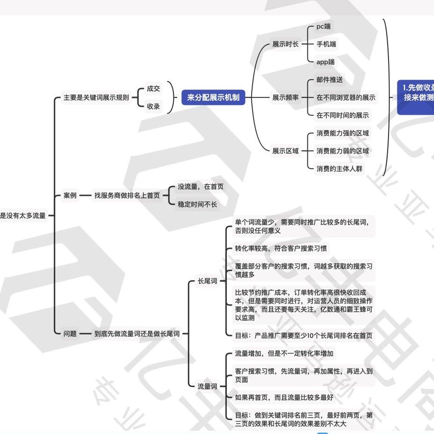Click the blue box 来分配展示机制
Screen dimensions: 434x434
click(213, 97)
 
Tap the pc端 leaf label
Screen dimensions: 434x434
click(323, 26)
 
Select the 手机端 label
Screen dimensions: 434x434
click(326, 44)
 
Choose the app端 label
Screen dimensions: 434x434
click(325, 62)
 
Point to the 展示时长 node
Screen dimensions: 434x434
click(285, 45)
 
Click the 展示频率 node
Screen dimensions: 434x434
click(285, 97)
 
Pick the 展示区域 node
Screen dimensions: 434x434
click(285, 151)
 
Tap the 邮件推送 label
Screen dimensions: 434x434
click(329, 80)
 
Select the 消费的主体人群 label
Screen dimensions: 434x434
click(339, 169)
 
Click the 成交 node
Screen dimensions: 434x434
click(153, 89)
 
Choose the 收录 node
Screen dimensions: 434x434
click(153, 106)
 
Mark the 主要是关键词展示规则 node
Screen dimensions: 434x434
click(96, 97)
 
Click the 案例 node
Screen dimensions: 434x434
click(70, 195)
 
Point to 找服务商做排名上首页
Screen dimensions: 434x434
click(127, 195)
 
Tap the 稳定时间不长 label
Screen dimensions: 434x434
click(197, 204)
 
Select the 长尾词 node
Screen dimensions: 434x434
click(207, 281)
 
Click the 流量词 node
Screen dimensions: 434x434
click(207, 387)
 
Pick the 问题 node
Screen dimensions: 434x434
click(70, 334)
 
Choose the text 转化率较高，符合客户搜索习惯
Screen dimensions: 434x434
click(284, 248)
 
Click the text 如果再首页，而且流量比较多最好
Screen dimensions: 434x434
click(284, 398)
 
